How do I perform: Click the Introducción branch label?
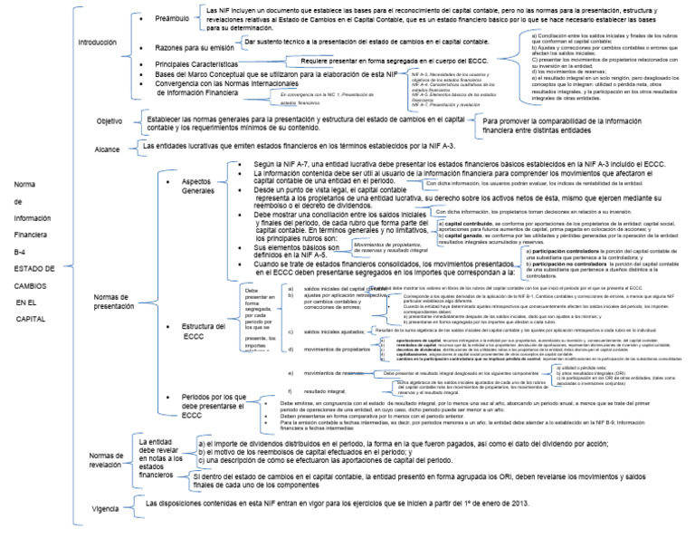(x=98, y=43)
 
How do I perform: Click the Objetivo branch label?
(x=109, y=121)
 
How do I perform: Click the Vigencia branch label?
(x=107, y=509)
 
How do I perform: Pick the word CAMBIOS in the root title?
(x=31, y=284)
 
